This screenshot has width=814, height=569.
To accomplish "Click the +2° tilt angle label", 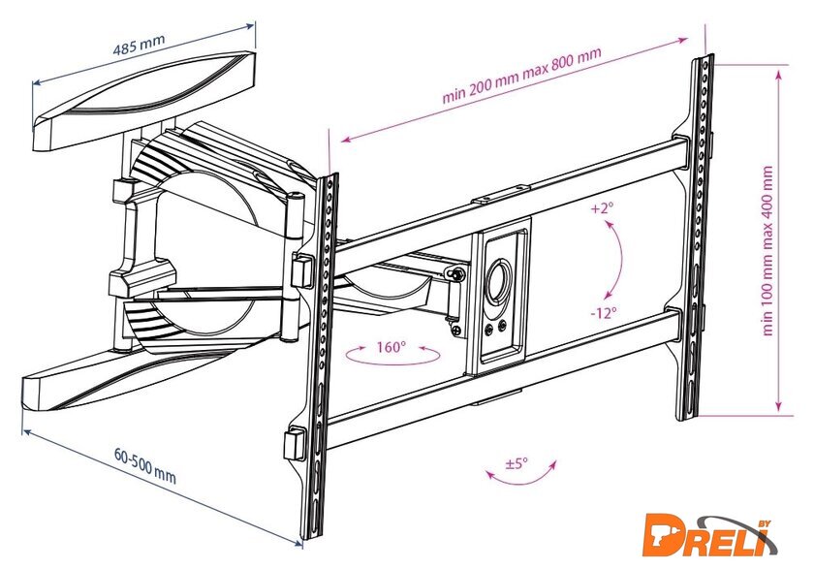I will (x=602, y=207).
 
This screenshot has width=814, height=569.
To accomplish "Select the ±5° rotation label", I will (x=517, y=463).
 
